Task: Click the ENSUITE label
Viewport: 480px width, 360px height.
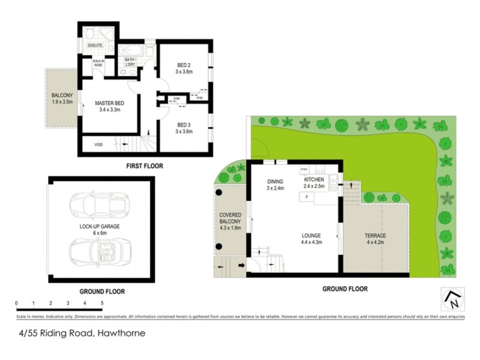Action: coord(95,46)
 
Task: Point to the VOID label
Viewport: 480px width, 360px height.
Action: coord(98,144)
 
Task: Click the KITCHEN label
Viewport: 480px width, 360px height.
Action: coord(314,180)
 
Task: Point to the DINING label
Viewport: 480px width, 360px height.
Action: coord(274,181)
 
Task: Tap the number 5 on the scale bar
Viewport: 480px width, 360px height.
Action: coord(103,303)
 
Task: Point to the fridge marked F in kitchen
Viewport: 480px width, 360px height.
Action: coord(307,196)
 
